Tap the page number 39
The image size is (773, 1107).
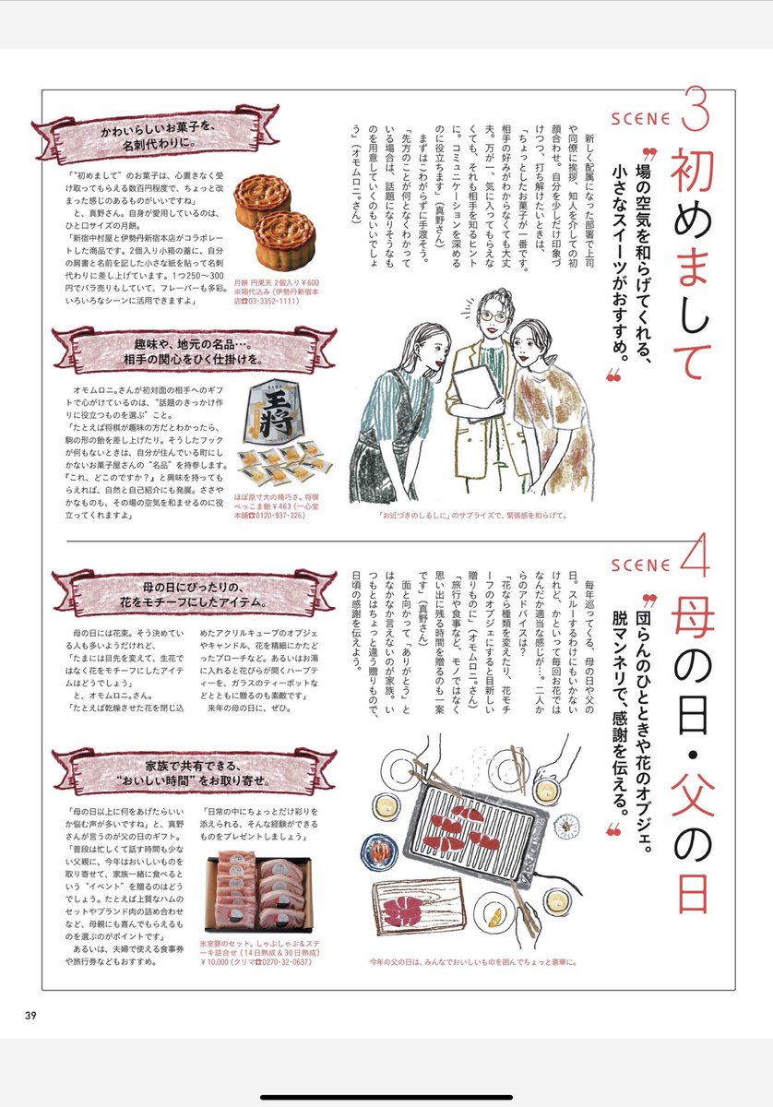(x=30, y=1017)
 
